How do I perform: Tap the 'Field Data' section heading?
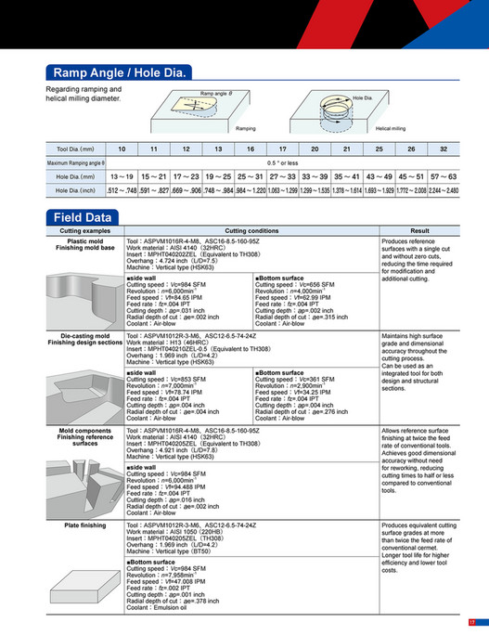point(84,217)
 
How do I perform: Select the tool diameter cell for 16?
point(251,149)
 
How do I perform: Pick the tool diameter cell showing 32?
point(444,149)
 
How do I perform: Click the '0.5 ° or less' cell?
point(282,162)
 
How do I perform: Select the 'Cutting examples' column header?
point(84,229)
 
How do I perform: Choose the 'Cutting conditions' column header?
point(251,229)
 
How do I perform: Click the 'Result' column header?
point(419,229)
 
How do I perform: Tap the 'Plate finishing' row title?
point(84,525)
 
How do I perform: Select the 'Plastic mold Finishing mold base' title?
point(84,244)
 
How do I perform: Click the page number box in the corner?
point(471,622)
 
